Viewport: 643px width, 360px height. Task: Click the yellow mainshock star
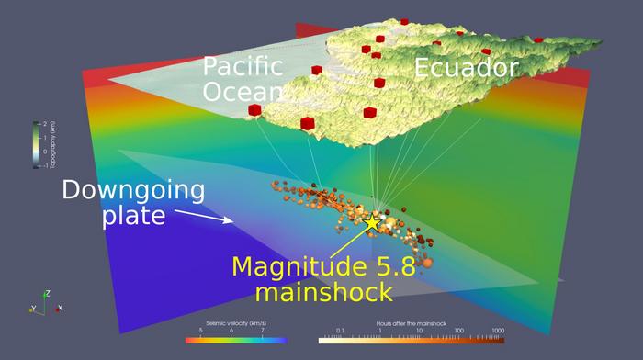pos(372,223)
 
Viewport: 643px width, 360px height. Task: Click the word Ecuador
pos(466,68)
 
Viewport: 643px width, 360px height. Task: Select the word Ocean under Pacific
pos(244,94)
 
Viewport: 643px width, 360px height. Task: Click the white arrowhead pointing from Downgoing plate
pos(231,220)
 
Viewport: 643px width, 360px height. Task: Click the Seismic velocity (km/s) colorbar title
pos(236,324)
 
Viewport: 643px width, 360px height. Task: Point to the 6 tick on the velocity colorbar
pos(231,332)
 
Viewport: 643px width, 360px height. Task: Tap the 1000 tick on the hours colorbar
pos(498,332)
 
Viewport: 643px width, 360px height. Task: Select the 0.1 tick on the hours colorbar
pos(340,332)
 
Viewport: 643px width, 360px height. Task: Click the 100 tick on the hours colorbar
pos(458,332)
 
